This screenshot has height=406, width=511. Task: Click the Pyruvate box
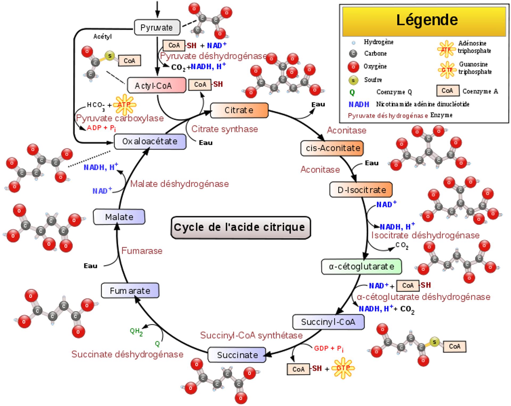[x=157, y=27]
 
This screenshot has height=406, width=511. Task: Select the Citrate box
[x=239, y=110]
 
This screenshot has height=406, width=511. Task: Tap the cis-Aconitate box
[x=332, y=148]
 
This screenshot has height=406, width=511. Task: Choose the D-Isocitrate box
[x=361, y=190]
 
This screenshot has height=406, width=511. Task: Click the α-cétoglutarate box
[x=361, y=267]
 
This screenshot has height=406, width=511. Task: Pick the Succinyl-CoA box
[x=328, y=322]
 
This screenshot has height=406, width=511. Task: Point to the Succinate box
[x=237, y=355]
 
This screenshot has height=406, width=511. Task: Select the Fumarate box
[x=130, y=291]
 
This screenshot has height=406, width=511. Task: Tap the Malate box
[x=119, y=217]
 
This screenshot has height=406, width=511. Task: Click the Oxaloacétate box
[x=150, y=141]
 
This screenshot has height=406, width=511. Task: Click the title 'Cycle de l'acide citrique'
[x=241, y=227]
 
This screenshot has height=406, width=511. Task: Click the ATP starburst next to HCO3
[x=124, y=104]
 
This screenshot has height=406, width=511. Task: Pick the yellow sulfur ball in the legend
[x=353, y=80]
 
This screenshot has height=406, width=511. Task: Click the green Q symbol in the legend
[x=352, y=92]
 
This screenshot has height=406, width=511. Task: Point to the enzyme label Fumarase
[x=142, y=251]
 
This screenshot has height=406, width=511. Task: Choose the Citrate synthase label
[x=225, y=129]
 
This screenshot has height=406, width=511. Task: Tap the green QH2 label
[x=136, y=332]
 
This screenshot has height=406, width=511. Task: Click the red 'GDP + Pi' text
[x=328, y=348]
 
